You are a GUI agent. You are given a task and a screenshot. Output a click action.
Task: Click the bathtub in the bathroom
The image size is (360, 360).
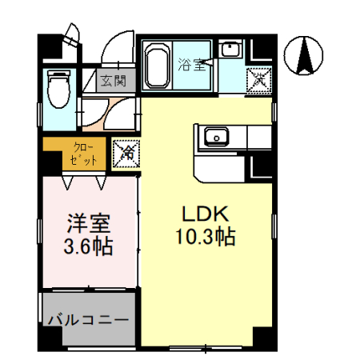[157, 65]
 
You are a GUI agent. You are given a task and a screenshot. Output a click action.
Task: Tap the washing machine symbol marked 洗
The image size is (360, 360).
[258, 78]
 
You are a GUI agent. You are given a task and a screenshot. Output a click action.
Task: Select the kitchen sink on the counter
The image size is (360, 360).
[216, 137]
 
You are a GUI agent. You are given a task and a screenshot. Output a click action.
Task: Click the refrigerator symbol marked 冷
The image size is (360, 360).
[126, 154]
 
